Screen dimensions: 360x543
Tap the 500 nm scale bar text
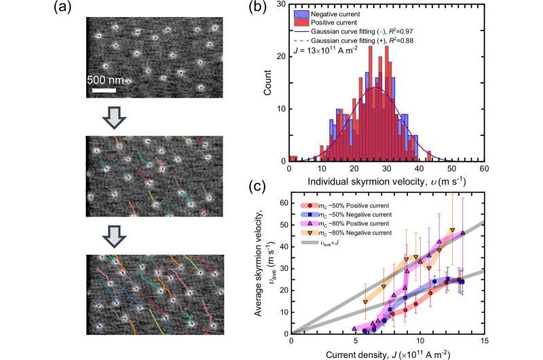point(106,80)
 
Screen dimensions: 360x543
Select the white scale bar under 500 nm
point(101,90)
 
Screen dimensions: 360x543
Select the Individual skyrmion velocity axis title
point(385,181)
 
